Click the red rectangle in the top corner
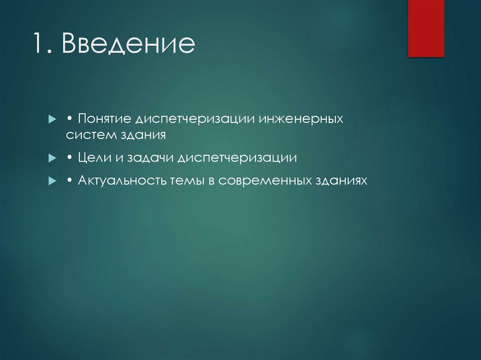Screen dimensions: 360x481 pyautogui.click(x=426, y=28)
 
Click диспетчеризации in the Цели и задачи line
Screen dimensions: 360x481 pyautogui.click(x=237, y=158)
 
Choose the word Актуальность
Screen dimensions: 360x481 pyautogui.click(x=122, y=181)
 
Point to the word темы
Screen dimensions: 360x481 pyautogui.click(x=185, y=181)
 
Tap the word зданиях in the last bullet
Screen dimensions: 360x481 pyautogui.click(x=338, y=181)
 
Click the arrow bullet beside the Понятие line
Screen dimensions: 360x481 pyautogui.click(x=52, y=119)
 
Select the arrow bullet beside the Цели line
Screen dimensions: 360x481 pyautogui.click(x=52, y=159)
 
